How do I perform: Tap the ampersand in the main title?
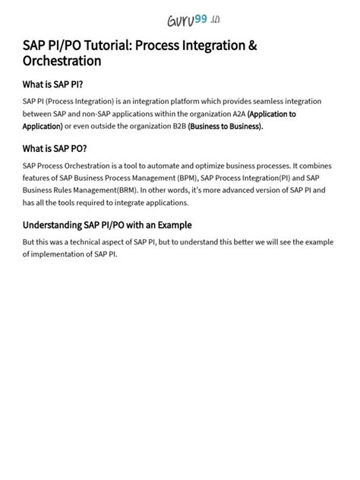(251, 46)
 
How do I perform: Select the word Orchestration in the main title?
(62, 61)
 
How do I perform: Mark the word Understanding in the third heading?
(54, 225)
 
